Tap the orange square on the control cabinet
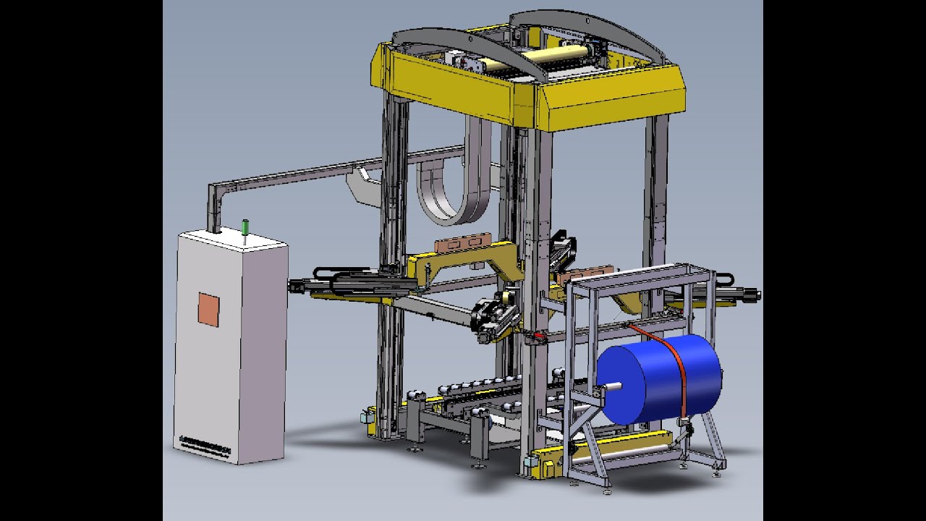208,309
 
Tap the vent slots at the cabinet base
205,444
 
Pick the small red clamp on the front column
536,337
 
